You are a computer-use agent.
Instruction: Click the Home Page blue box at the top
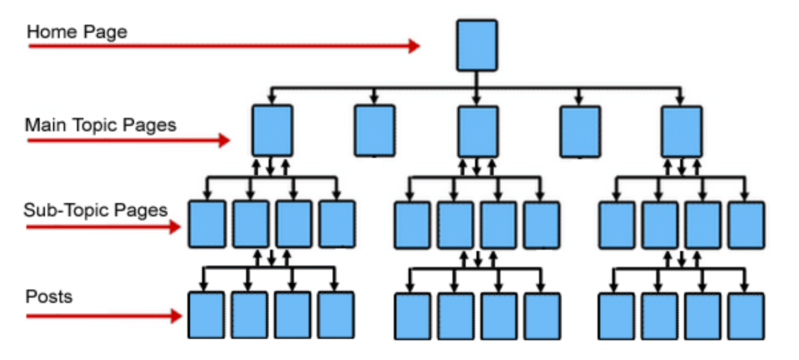tap(477, 45)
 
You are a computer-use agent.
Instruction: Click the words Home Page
tap(77, 32)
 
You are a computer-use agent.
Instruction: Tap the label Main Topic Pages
tap(101, 125)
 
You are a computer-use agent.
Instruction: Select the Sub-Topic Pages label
tap(96, 210)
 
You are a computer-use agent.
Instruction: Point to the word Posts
tap(49, 297)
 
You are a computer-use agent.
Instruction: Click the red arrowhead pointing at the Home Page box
tap(414, 46)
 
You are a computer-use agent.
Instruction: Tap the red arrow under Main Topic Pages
tap(128, 141)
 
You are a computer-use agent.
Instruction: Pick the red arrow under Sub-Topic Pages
tap(103, 227)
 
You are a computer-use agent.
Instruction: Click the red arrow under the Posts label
tap(103, 315)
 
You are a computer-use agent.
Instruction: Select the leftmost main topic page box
tap(272, 131)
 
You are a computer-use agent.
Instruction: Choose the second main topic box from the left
tap(374, 131)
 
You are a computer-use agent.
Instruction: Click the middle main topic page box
tap(477, 131)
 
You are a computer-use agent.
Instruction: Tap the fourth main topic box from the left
tap(580, 131)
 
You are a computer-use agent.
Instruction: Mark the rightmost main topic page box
tap(682, 131)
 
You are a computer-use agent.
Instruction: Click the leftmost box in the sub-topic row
tap(207, 224)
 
